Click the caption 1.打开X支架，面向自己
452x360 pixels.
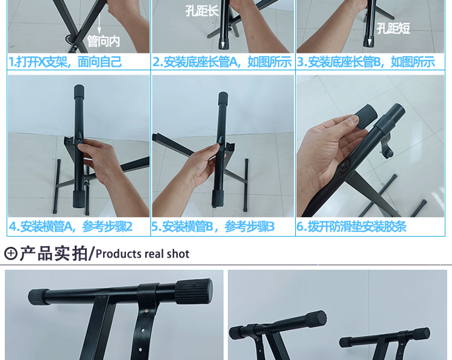pyautogui.click(x=65, y=61)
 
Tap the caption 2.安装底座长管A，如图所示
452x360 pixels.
pyautogui.click(x=222, y=61)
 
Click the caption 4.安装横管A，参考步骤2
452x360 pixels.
pyautogui.click(x=71, y=226)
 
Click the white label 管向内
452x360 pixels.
pyautogui.click(x=104, y=41)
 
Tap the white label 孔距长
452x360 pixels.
pyautogui.click(x=202, y=10)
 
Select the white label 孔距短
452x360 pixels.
pyautogui.click(x=393, y=28)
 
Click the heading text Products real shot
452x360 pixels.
pyautogui.click(x=142, y=254)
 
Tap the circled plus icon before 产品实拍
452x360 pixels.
pyautogui.click(x=10, y=253)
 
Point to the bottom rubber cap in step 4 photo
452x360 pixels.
pyautogui.click(x=79, y=199)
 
